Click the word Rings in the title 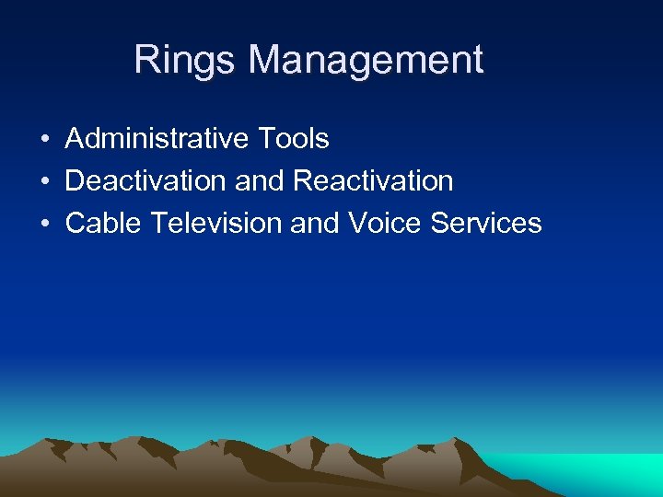coord(186,61)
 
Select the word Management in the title coord(366,61)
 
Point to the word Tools coord(294,139)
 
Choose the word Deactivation coord(146,180)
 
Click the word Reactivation coord(373,180)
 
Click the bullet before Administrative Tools coord(44,140)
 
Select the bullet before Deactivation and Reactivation coord(44,181)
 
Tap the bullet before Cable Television coord(44,224)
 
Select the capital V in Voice coord(356,223)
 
